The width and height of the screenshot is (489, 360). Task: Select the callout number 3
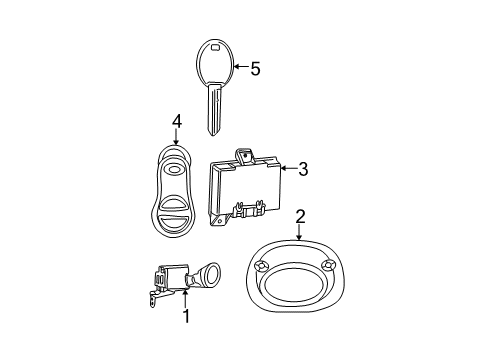(x=302, y=170)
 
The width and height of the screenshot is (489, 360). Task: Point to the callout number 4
(x=176, y=121)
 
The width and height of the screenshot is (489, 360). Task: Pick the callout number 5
(x=254, y=68)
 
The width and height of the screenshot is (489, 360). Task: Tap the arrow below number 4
(x=176, y=139)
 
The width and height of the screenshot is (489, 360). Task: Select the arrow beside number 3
(x=284, y=170)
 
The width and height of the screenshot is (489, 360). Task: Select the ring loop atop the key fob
(x=176, y=154)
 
